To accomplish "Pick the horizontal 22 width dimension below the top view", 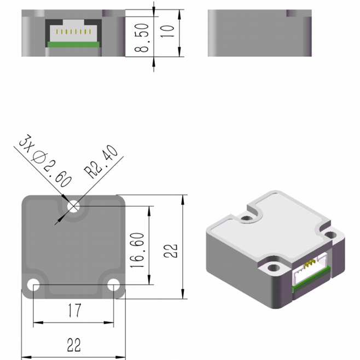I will click(x=74, y=345).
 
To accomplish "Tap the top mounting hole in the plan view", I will click(x=73, y=206).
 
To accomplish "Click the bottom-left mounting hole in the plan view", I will click(x=34, y=284).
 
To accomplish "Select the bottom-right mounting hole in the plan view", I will click(x=113, y=284).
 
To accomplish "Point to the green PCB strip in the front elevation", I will click(x=73, y=44).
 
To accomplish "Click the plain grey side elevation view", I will click(x=259, y=33).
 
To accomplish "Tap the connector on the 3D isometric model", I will click(x=311, y=272).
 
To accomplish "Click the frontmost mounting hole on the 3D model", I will click(x=272, y=269).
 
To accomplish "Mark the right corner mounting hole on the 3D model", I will click(x=330, y=235).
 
